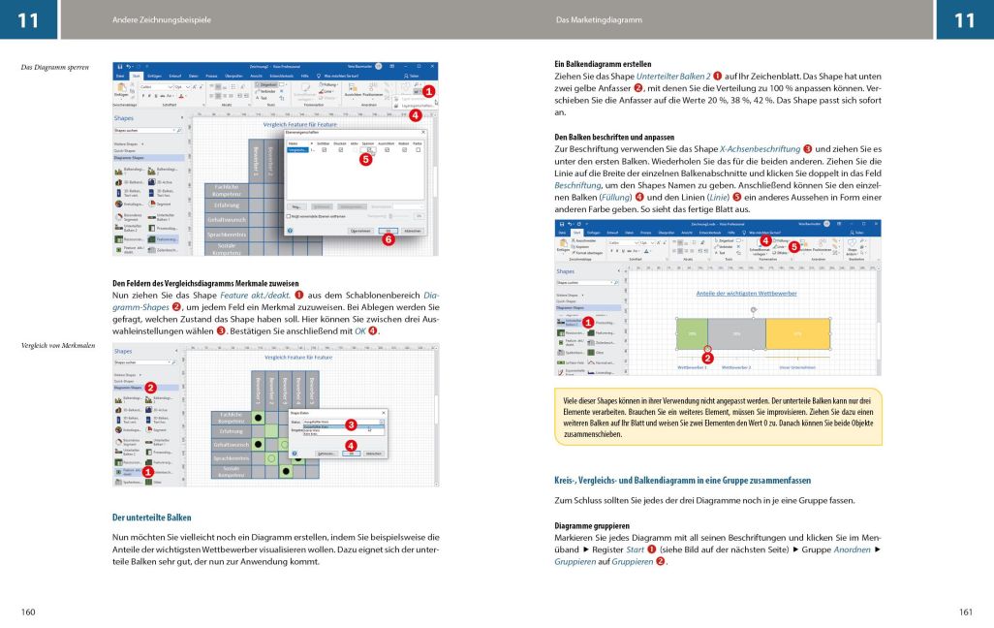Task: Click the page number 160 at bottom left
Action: pos(28,612)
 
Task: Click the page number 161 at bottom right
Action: pos(965,612)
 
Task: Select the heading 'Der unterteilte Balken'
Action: pos(151,518)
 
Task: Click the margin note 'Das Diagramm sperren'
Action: pos(54,67)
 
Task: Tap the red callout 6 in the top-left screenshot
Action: pos(388,239)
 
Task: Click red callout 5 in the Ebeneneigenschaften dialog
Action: pos(365,159)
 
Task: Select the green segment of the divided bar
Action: pos(693,332)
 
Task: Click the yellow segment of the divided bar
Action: pos(797,332)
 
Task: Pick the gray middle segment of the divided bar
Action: pos(737,332)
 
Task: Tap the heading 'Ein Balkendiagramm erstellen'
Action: pos(596,64)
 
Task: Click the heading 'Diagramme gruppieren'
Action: pos(583,525)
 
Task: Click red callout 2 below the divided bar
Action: pos(707,358)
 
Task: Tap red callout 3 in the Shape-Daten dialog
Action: pos(352,424)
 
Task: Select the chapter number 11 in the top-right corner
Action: pos(964,19)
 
